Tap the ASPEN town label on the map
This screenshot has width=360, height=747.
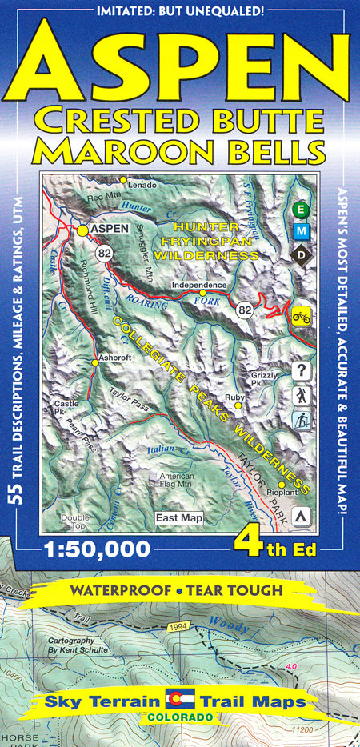coord(110,229)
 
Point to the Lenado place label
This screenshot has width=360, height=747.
coord(142,185)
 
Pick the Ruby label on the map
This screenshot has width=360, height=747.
coord(234,397)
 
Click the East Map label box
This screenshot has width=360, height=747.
coord(179,518)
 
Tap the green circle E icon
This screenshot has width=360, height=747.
coord(302,210)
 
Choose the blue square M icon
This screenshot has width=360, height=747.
coord(302,231)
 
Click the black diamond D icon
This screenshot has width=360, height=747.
coord(302,254)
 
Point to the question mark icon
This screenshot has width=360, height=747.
coord(302,370)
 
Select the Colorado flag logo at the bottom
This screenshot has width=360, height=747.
coord(180,701)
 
